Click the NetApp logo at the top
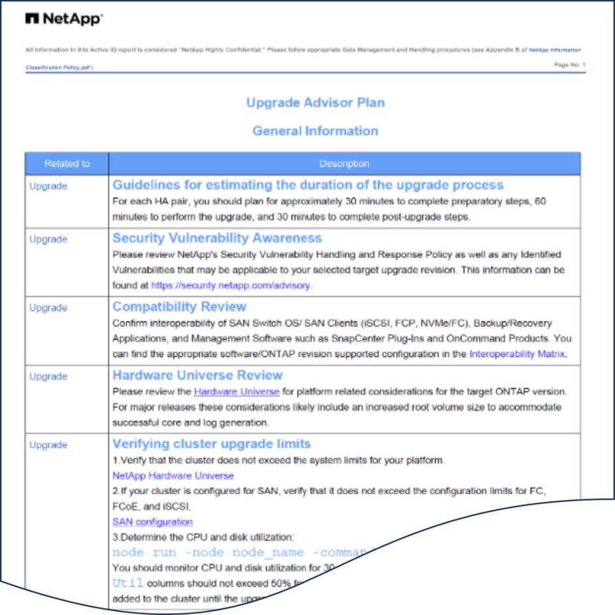(64, 19)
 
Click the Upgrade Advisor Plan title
(315, 103)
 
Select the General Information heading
(315, 131)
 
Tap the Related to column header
(67, 164)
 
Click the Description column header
(344, 164)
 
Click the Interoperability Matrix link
(517, 354)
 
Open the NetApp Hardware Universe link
(173, 476)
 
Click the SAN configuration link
(152, 522)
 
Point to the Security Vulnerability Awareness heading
(217, 238)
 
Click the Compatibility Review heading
(179, 307)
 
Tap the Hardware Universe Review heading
(197, 375)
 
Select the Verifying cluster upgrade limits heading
(211, 444)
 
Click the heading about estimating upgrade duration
(307, 185)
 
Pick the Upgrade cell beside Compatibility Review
(48, 308)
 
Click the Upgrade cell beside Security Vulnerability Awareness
(48, 239)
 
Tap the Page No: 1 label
(569, 64)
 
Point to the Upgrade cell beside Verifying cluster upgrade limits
(48, 445)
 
